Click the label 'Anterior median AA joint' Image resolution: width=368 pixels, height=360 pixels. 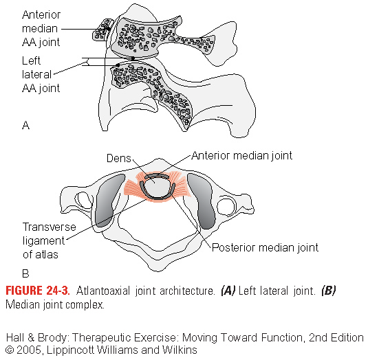[x=41, y=29]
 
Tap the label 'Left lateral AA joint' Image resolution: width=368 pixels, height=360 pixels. [x=41, y=74]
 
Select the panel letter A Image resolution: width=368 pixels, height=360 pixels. [x=26, y=126]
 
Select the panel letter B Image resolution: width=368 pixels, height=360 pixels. [x=25, y=273]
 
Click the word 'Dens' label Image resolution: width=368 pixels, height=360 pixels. [x=119, y=158]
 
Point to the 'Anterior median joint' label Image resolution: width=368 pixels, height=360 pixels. [x=242, y=156]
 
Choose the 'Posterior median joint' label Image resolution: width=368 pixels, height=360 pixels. [x=265, y=247]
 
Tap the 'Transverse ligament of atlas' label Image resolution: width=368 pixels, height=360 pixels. [x=50, y=240]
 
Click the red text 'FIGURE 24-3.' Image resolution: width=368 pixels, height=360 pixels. [x=38, y=291]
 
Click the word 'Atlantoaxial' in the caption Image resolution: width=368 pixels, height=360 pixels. [x=103, y=291]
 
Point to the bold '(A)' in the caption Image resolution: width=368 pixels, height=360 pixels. [x=228, y=291]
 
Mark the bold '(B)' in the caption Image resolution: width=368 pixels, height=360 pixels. [x=329, y=291]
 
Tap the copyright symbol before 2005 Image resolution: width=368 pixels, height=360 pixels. [x=10, y=350]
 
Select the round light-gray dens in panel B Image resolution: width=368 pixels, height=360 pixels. [x=157, y=187]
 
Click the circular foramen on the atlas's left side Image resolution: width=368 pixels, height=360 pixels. [x=84, y=201]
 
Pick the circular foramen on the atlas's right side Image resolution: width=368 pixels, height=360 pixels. [x=226, y=207]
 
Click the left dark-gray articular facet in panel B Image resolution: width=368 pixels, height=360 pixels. [x=109, y=201]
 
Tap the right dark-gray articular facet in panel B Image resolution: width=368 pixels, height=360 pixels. [x=201, y=201]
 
